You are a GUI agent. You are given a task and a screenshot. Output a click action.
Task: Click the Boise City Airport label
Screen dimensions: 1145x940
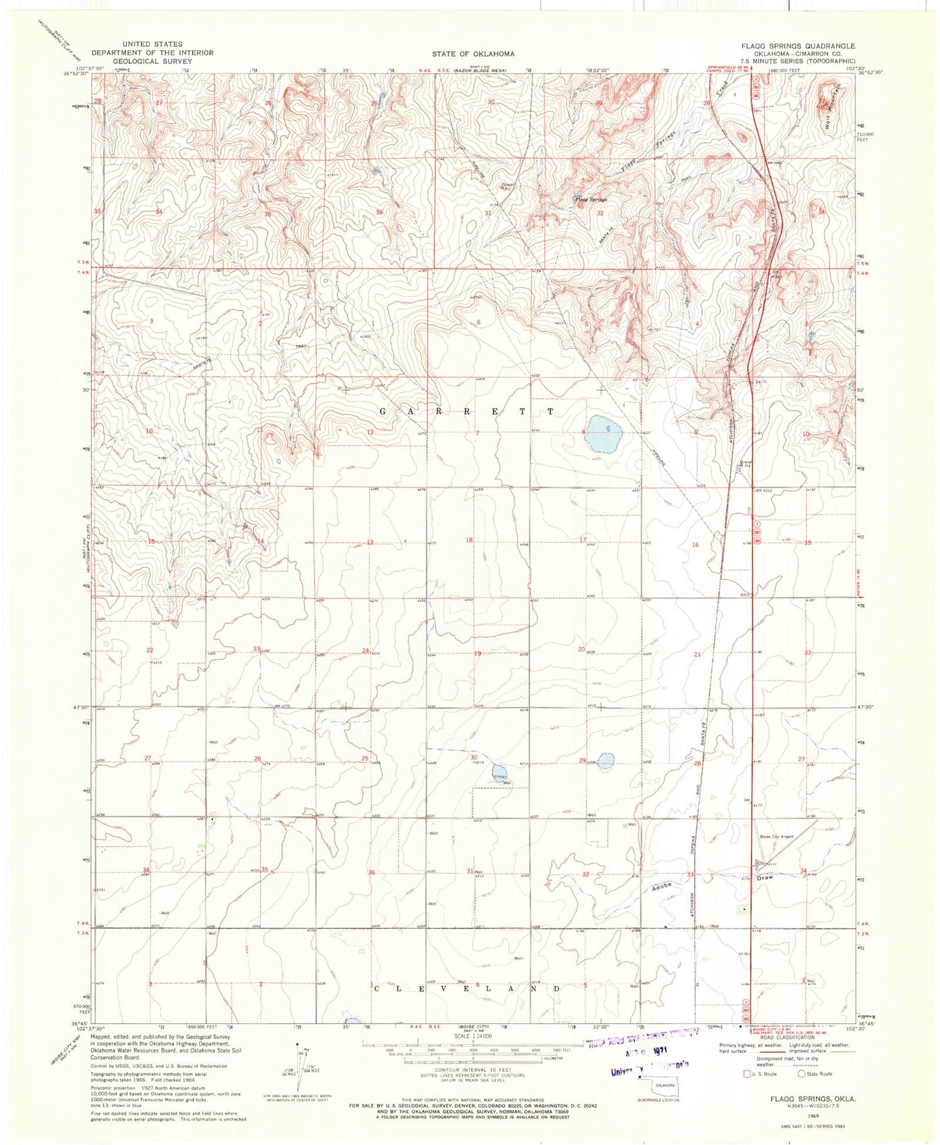coord(776,836)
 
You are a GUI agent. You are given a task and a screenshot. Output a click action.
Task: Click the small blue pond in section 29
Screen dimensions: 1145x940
coord(605,761)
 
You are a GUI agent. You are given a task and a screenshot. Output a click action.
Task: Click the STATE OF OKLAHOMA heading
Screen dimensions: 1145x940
coord(473,54)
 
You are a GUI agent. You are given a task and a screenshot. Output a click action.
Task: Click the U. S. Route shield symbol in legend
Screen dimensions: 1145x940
coord(746,1074)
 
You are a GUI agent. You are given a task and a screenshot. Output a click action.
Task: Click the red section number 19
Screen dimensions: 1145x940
coord(478,654)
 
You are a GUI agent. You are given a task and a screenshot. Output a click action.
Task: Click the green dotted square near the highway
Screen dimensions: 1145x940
coord(742,908)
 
